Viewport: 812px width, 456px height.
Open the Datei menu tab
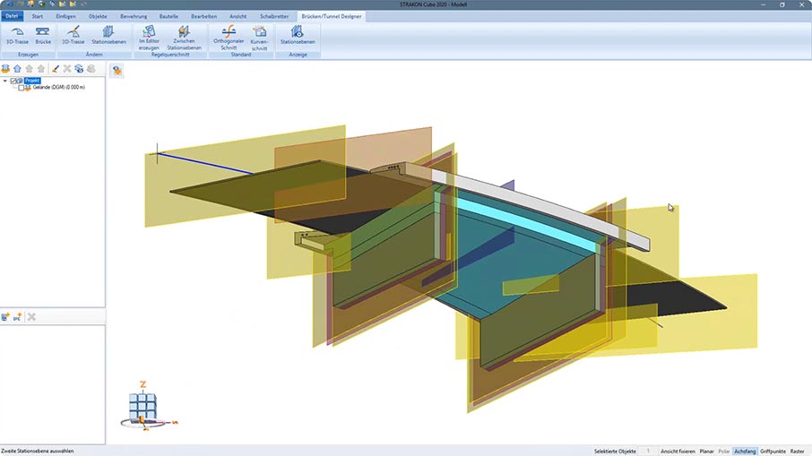pos(12,16)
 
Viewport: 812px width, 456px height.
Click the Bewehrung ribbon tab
pos(134,16)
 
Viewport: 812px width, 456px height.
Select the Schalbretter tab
pos(274,16)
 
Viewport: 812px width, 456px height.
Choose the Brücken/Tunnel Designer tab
pos(332,16)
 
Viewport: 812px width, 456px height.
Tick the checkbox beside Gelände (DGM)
pos(21,88)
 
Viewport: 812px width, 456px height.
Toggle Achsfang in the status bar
pos(745,451)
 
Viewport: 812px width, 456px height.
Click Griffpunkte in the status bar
pos(773,451)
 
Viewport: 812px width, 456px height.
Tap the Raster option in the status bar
pos(798,451)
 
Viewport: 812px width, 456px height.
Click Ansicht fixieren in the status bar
pos(678,451)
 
